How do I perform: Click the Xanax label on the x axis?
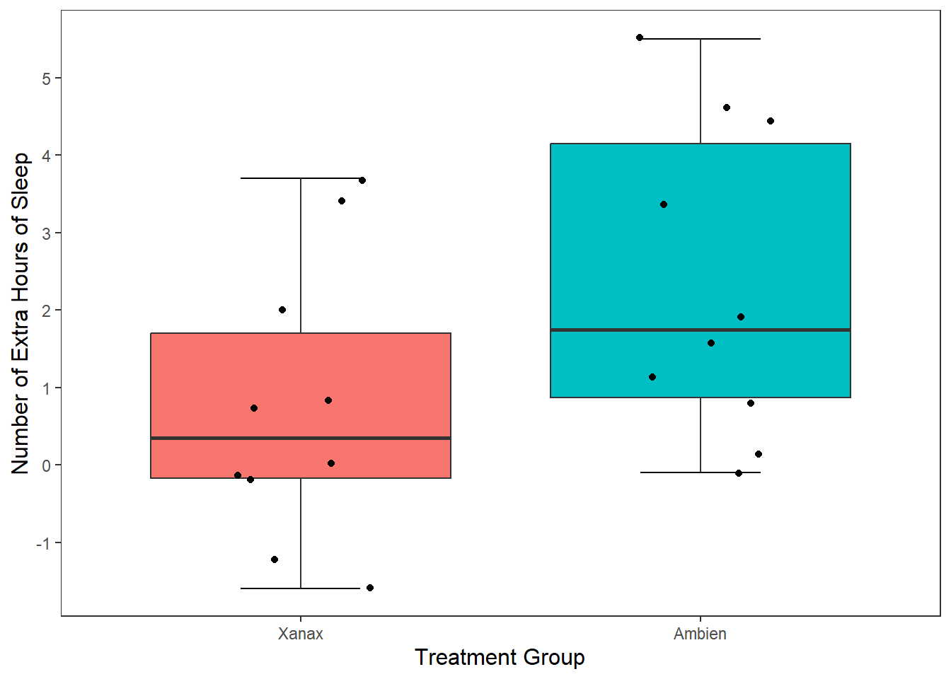[301, 634]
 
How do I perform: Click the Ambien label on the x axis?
[700, 634]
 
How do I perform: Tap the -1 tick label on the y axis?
[43, 543]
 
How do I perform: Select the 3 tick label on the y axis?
[46, 233]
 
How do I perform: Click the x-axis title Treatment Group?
[500, 658]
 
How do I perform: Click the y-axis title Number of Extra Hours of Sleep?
[20, 313]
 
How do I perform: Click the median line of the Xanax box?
[301, 438]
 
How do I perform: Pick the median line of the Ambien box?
[700, 330]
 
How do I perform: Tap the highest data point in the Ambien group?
[640, 37]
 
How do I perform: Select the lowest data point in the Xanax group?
[370, 588]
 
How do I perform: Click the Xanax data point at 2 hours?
[282, 310]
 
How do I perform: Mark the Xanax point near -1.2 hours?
[275, 559]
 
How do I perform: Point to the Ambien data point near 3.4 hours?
[664, 204]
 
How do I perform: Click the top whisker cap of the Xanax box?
[301, 178]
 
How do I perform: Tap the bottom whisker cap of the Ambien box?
[700, 472]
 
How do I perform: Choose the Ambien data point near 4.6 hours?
[727, 108]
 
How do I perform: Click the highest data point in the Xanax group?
[362, 180]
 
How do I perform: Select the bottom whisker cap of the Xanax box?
[301, 588]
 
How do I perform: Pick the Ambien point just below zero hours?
[738, 473]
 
